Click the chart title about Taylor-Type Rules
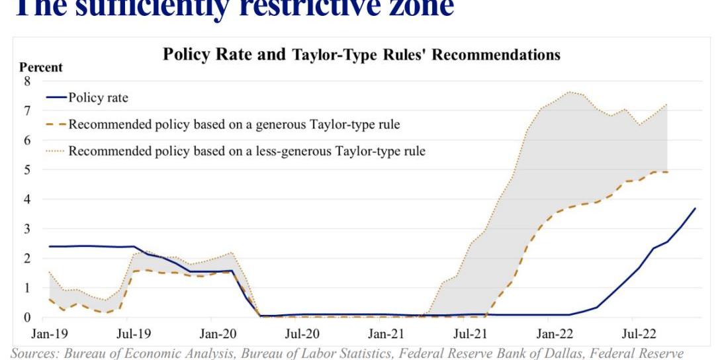(x=361, y=54)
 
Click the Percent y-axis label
(x=41, y=67)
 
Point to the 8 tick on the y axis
(x=28, y=81)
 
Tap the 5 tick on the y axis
(x=28, y=169)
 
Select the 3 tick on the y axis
(x=28, y=228)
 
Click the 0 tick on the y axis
(x=28, y=317)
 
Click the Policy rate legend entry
(x=98, y=98)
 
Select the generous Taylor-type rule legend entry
(x=234, y=124)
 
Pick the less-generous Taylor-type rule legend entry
(x=247, y=151)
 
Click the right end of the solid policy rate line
(x=695, y=208)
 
